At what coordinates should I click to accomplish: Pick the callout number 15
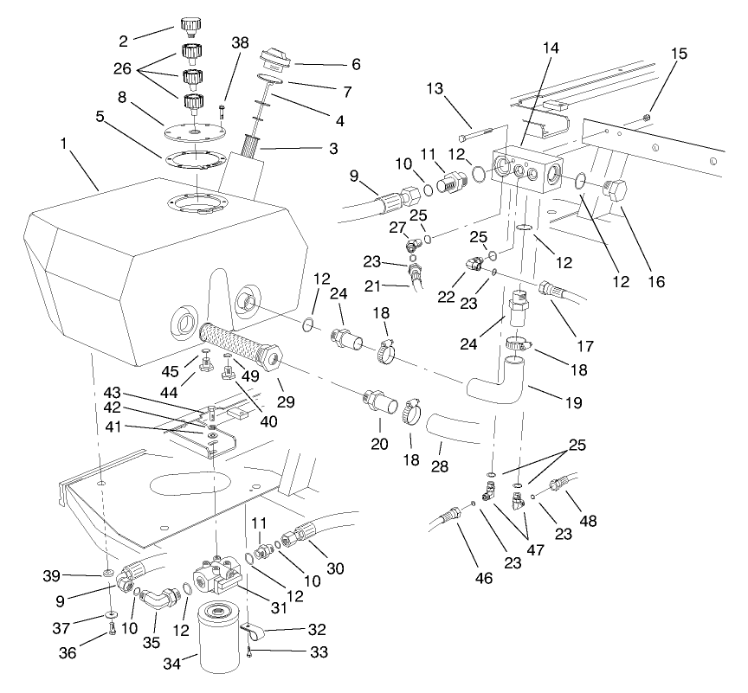click(680, 54)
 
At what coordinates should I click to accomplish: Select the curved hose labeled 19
click(501, 383)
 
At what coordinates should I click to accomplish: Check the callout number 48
click(590, 521)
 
